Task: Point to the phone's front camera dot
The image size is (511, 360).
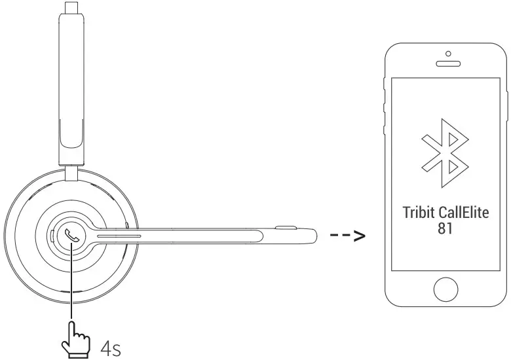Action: pos(448,54)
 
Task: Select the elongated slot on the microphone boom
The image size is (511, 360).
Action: pos(119,234)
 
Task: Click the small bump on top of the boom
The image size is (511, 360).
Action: pos(284,227)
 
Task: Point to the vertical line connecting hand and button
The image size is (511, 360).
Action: pos(68,288)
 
